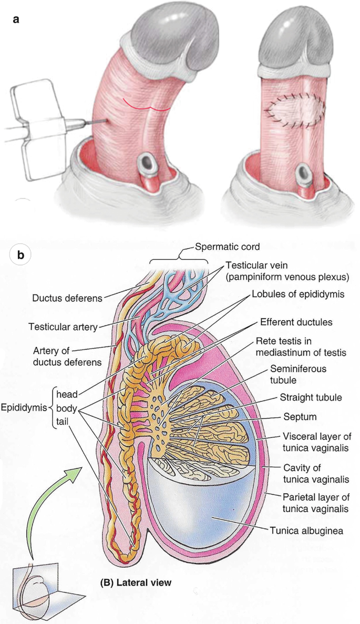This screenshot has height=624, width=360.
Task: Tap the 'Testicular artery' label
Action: tap(63, 327)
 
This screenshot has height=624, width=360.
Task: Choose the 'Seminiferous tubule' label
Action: tap(299, 374)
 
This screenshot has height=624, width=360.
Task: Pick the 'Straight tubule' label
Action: tap(304, 397)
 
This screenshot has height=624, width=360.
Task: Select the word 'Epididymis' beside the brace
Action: tap(23, 406)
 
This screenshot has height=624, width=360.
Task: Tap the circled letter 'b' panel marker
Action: tap(21, 255)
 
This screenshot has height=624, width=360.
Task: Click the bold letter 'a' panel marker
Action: tap(16, 19)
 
